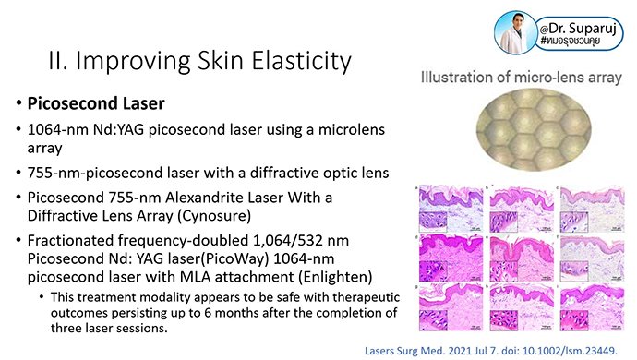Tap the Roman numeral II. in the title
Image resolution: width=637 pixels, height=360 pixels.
coord(57,62)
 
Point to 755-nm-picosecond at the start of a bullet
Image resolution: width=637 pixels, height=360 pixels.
coord(89,172)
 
